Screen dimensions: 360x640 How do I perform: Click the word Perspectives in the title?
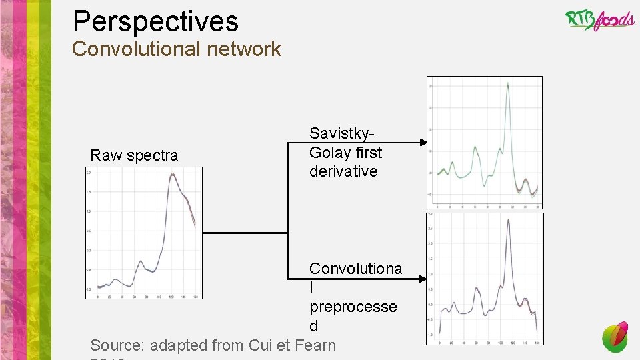pyautogui.click(x=155, y=21)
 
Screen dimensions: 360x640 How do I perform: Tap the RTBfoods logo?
pyautogui.click(x=599, y=19)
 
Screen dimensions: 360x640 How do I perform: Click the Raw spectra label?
pyautogui.click(x=134, y=155)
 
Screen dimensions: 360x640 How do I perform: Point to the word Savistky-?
pyautogui.click(x=345, y=133)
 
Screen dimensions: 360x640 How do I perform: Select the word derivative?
pyautogui.click(x=343, y=171)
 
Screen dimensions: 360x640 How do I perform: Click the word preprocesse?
pyautogui.click(x=353, y=307)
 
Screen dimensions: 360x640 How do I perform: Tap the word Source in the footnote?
pyautogui.click(x=117, y=345)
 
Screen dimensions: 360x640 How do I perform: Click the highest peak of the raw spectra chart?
pyautogui.click(x=173, y=174)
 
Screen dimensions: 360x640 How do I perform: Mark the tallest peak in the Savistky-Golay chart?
pyautogui.click(x=508, y=83)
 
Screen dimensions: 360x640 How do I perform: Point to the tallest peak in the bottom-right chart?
pyautogui.click(x=508, y=219)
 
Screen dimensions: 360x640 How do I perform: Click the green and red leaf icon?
pyautogui.click(x=615, y=336)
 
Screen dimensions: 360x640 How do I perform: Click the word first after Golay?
pyautogui.click(x=369, y=153)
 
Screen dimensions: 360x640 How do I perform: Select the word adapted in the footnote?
pyautogui.click(x=178, y=345)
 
